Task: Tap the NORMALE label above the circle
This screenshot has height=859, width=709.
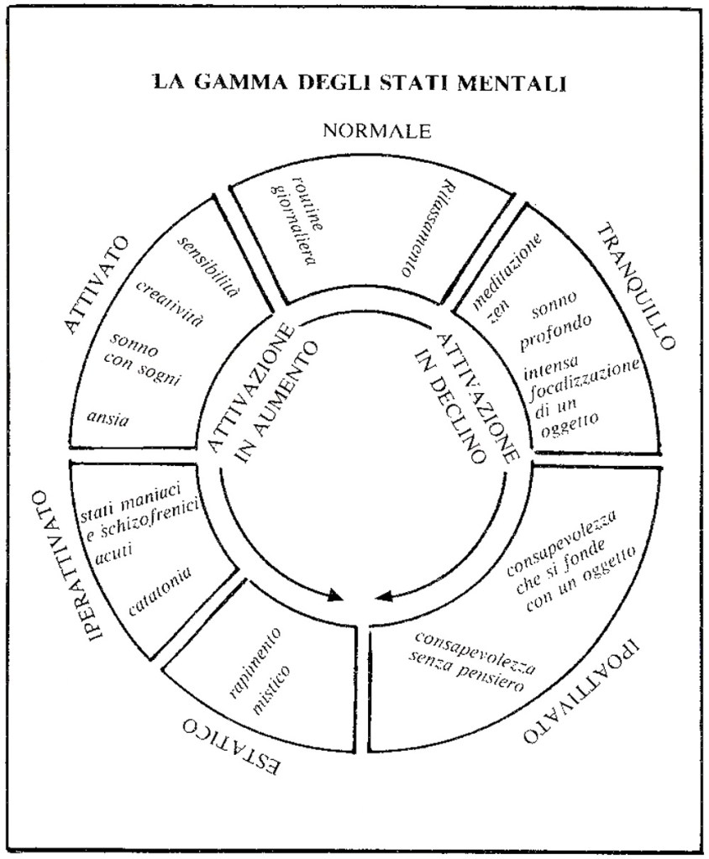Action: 377,130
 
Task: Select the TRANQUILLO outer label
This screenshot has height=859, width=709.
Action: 637,286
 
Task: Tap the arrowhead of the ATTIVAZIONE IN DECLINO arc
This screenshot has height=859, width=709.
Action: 384,597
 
